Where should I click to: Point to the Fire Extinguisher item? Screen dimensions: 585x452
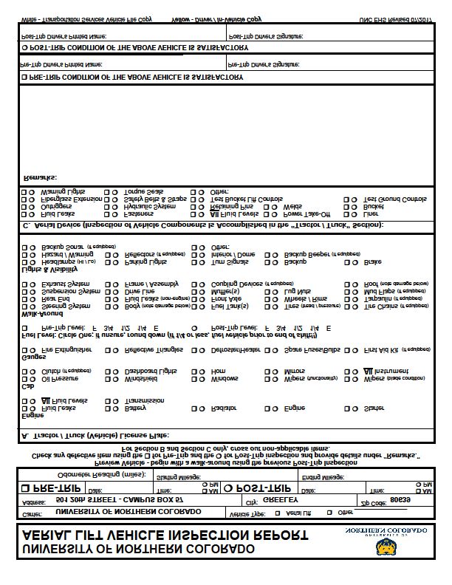click(x=66, y=349)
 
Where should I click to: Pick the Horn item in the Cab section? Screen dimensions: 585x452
click(x=219, y=370)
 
